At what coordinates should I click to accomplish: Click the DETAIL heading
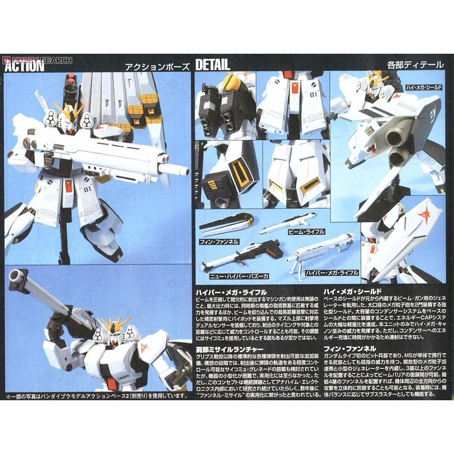point(213,65)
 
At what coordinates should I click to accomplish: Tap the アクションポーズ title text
point(157,66)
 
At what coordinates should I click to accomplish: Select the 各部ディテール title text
point(415,65)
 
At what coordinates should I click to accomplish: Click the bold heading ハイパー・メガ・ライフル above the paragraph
point(231,292)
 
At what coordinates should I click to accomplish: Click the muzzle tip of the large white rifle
point(183,171)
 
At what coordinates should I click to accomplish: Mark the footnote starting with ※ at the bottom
point(97,396)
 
